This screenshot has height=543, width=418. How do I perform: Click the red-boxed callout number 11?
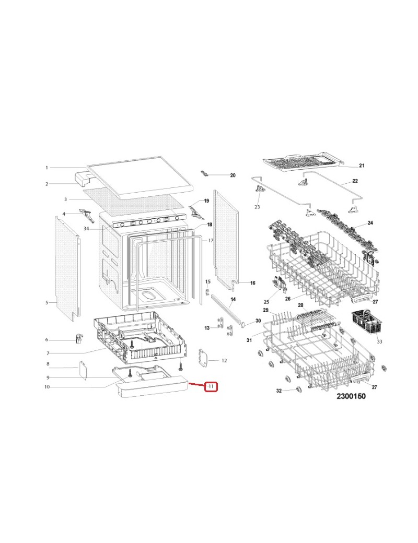point(211,386)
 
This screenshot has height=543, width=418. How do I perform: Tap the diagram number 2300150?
point(351,396)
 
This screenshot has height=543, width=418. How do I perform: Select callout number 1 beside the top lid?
point(47,168)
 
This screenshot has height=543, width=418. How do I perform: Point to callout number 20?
point(233,175)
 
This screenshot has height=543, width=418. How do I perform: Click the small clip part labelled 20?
point(205,173)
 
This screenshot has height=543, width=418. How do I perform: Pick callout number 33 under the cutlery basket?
point(379,341)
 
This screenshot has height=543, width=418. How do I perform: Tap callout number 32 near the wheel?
point(278,391)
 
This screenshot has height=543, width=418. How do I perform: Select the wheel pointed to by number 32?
point(298,391)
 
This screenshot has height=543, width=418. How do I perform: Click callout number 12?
point(224,360)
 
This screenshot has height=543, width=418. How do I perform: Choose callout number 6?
point(47,339)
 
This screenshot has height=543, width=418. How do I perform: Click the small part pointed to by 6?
point(80,338)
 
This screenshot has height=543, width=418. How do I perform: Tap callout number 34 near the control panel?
point(86,229)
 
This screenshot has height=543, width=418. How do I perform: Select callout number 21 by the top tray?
point(362,166)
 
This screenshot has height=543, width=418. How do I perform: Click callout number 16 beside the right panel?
point(253,283)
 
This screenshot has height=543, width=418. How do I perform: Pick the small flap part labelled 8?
point(83,370)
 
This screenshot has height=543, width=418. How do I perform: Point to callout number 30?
point(258,321)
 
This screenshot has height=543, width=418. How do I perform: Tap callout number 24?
point(370,222)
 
